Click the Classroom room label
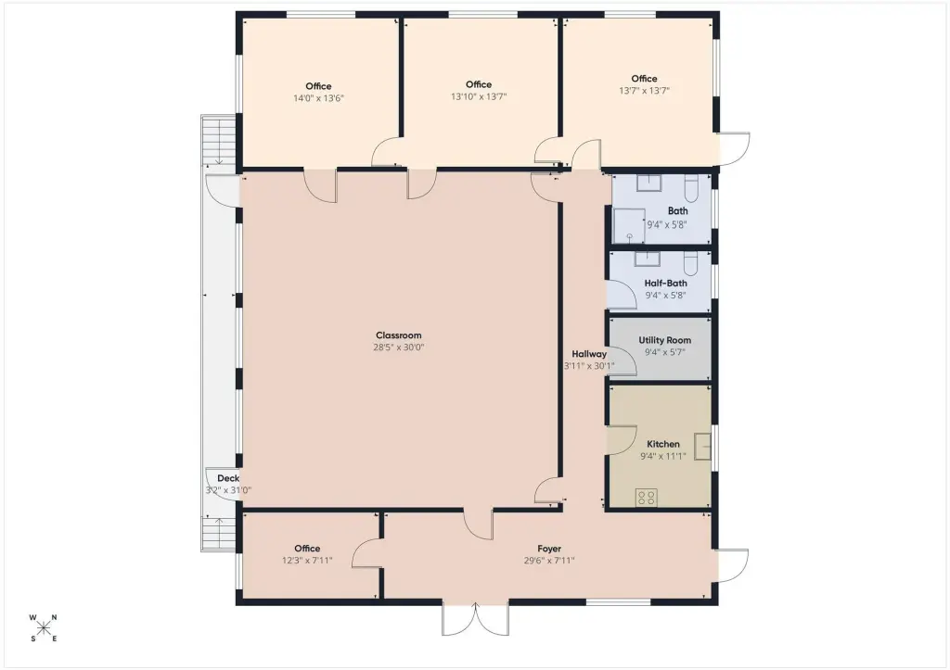coord(398,335)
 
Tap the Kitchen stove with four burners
coord(647,499)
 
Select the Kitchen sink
coord(703,447)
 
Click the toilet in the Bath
coord(690,188)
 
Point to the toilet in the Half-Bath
coord(690,264)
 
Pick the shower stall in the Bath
coord(629,226)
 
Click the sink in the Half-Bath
coord(647,259)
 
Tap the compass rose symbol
coord(43,627)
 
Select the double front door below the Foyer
coord(476,618)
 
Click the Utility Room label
coord(664,340)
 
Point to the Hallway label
coord(589,354)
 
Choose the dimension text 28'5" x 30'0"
coord(398,348)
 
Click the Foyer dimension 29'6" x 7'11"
coord(549,561)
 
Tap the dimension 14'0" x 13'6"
coord(319,98)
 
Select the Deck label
coord(228,478)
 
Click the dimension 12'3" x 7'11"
coord(307,561)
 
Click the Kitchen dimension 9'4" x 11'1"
coord(662,456)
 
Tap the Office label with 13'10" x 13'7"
coord(479,84)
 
